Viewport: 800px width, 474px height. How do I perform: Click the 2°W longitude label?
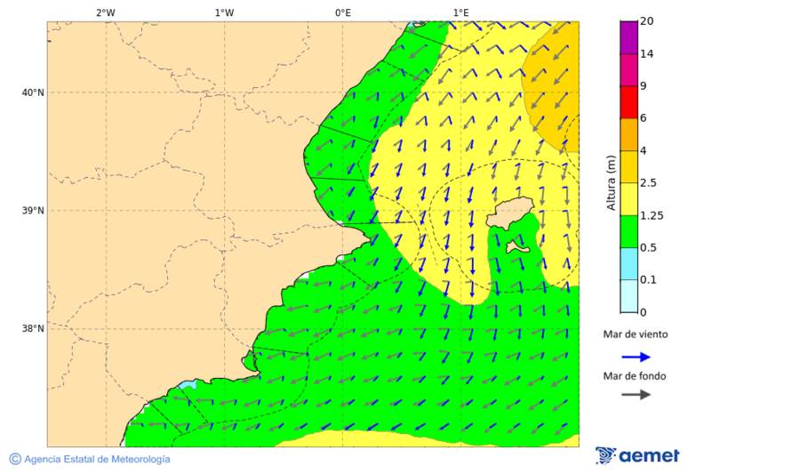(105, 12)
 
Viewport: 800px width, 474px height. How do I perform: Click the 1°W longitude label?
(224, 12)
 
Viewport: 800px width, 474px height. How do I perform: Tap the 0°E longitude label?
(342, 12)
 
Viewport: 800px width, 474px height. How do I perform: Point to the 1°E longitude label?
(460, 12)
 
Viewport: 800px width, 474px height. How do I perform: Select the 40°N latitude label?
(33, 92)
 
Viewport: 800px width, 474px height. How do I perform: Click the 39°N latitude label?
(33, 211)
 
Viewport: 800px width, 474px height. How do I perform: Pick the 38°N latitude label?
(33, 329)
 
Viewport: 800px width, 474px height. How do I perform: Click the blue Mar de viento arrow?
(636, 357)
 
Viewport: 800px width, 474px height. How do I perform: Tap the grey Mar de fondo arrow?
(636, 395)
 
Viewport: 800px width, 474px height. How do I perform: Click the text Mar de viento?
(635, 334)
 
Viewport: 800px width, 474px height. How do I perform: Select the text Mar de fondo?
(635, 376)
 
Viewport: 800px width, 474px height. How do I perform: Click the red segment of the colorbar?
(628, 101)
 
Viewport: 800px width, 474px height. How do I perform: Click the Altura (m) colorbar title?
(611, 182)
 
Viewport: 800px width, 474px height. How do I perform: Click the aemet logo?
(637, 455)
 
